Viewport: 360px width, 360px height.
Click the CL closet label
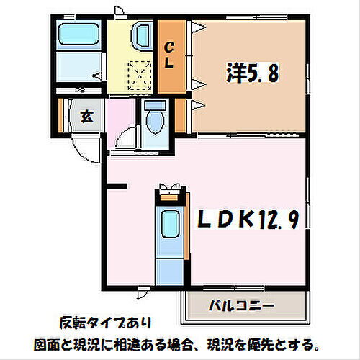pyautogui.click(x=170, y=55)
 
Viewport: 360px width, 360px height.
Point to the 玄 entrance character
pyautogui.click(x=84, y=117)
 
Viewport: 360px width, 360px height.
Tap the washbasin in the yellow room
pyautogui.click(x=142, y=35)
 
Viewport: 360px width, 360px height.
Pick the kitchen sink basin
pyautogui.click(x=170, y=223)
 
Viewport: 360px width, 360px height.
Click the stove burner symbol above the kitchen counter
pyautogui.click(x=170, y=191)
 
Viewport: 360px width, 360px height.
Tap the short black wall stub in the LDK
pyautogui.click(x=117, y=188)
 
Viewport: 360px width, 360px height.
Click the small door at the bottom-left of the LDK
pyautogui.click(x=144, y=292)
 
